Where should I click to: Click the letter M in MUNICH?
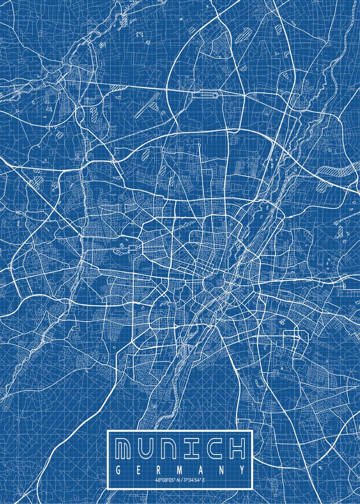[126, 449]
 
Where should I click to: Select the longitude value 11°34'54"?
[191, 480]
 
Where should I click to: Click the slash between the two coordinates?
[180, 480]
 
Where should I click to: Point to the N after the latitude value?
[176, 480]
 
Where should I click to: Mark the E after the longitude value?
[204, 480]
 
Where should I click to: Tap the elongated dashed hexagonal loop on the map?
[205, 94]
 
